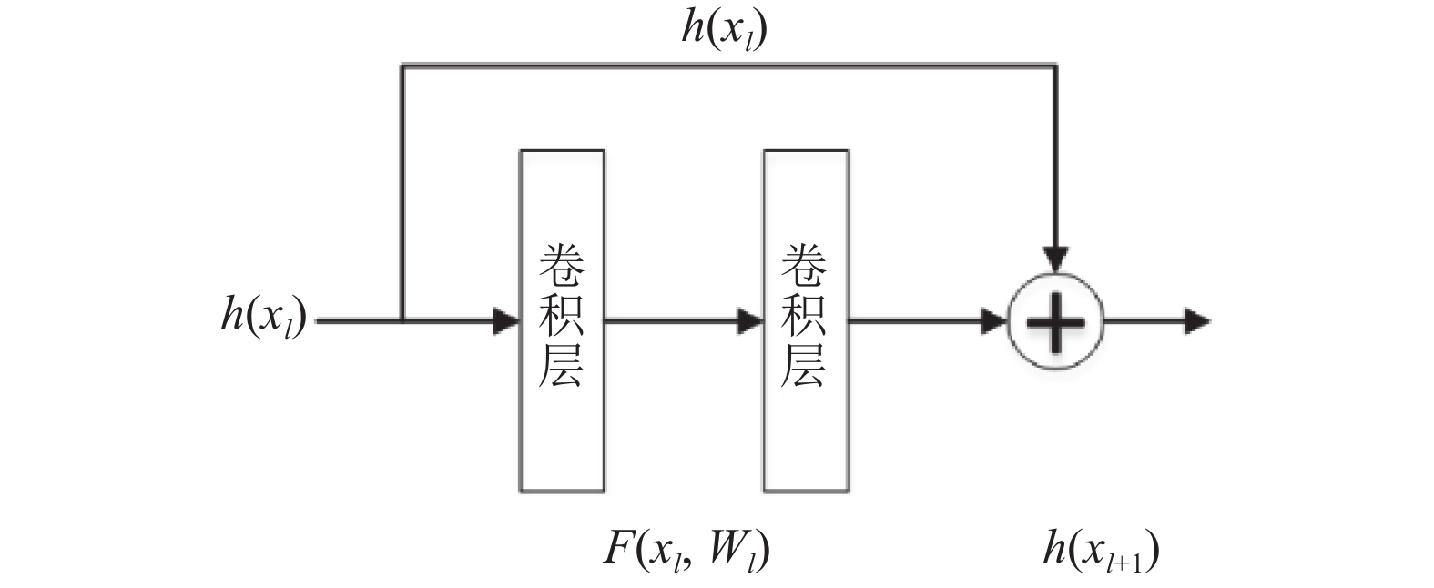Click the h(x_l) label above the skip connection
point(724,30)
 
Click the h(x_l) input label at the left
point(264,318)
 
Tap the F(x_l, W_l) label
point(686,550)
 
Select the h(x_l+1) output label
point(1101,550)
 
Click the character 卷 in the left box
point(562,267)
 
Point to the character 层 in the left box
point(562,366)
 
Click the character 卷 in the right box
point(805,267)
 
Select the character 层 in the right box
point(805,366)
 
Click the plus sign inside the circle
point(1056,321)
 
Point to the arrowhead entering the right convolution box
point(750,320)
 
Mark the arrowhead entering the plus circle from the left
point(994,320)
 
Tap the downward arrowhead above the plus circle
point(1056,259)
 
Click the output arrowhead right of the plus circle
point(1197,320)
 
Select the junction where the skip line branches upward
point(402,320)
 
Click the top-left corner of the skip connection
point(402,66)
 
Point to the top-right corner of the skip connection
point(1056,66)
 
